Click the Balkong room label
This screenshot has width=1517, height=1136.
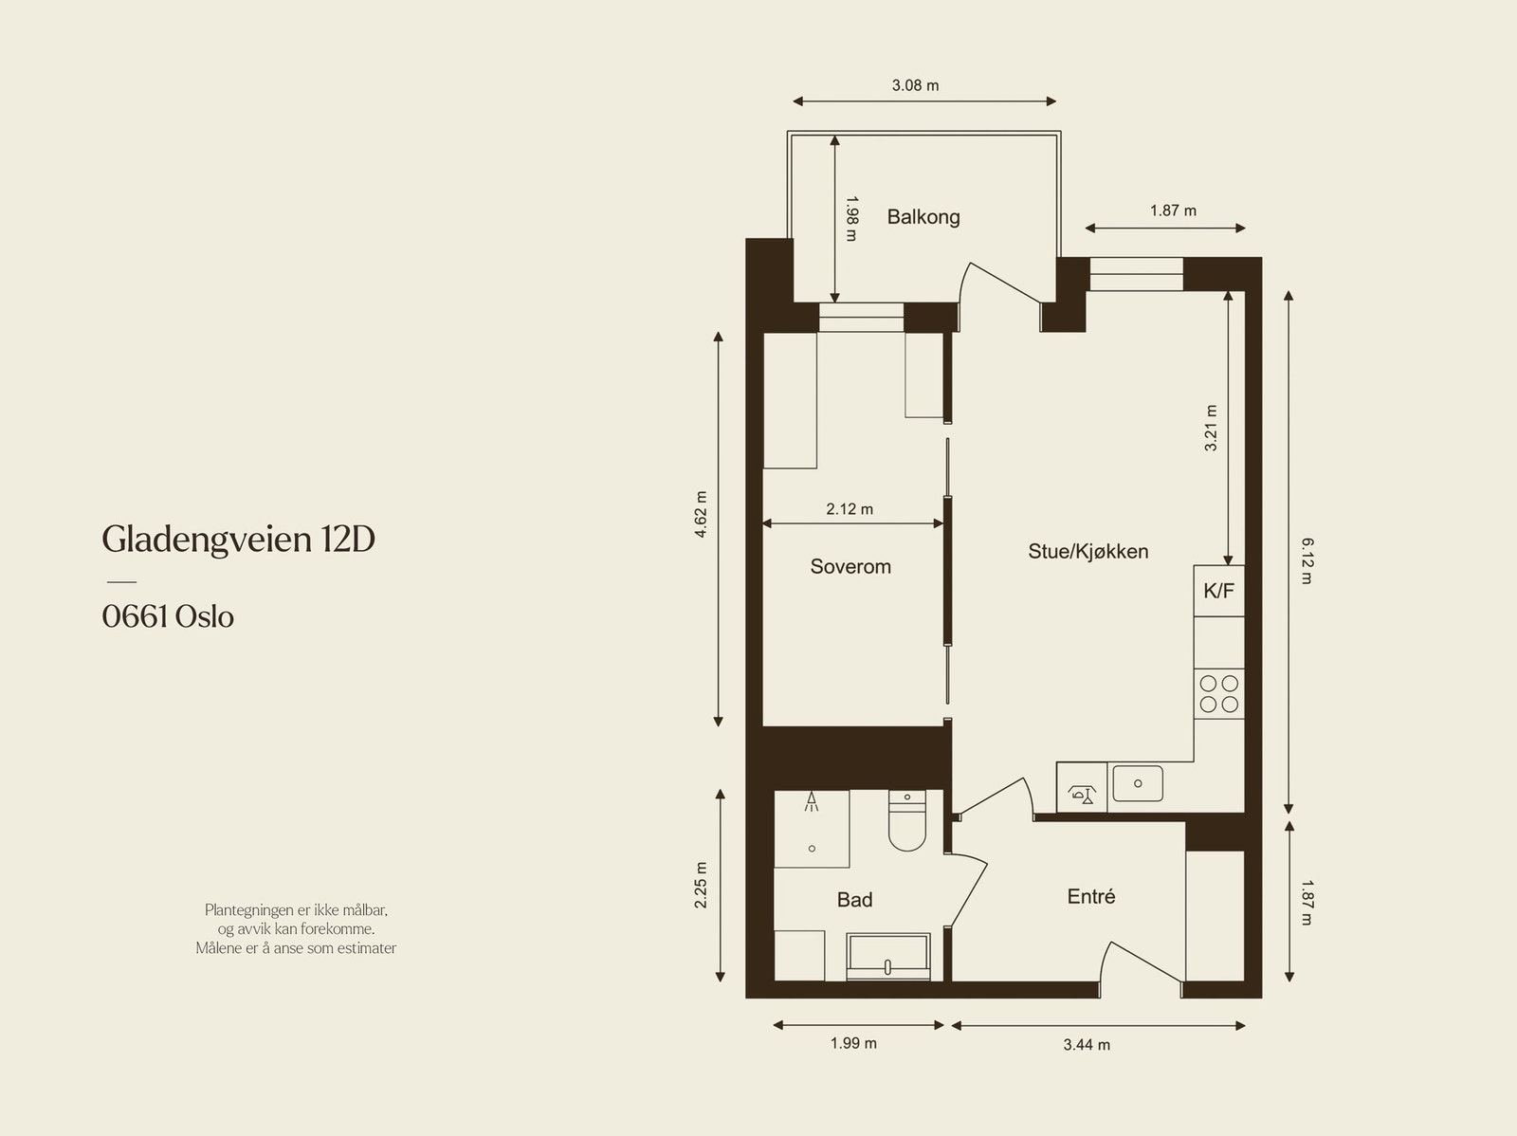point(923,217)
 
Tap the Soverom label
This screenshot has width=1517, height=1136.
point(850,567)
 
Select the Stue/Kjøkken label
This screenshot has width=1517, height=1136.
point(1087,552)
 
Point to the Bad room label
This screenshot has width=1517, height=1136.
point(854,900)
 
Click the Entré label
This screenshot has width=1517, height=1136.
point(1090,896)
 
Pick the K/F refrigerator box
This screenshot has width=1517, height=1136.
point(1219,591)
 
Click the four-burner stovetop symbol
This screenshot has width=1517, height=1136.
point(1219,694)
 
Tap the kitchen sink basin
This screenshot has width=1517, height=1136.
point(1138,783)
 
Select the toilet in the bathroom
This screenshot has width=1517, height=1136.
point(906,821)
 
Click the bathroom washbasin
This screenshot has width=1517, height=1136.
point(888,957)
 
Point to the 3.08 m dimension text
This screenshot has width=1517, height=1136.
point(915,85)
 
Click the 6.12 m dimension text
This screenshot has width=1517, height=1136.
point(1307,561)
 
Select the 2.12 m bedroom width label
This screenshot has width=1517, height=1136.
point(850,509)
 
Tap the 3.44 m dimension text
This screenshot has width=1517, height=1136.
point(1087,1045)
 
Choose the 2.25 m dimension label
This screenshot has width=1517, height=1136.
point(701,885)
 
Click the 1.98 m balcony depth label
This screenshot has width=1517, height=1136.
point(852,219)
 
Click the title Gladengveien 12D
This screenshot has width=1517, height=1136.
point(238,540)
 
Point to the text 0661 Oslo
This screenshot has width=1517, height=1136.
point(168,616)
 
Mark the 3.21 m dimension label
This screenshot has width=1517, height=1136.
point(1211,429)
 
